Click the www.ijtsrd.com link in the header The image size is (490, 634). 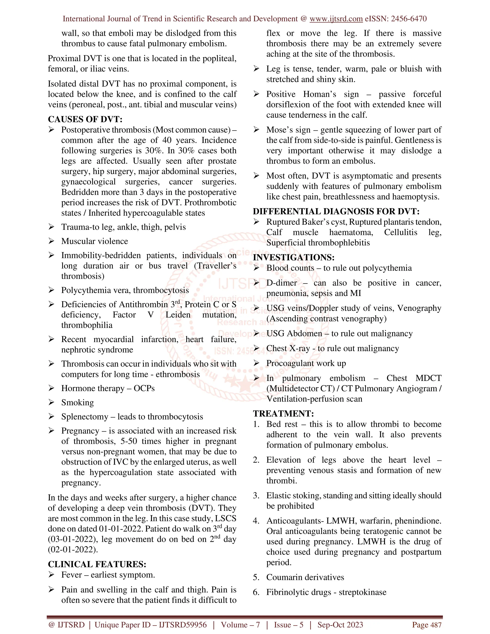point(336,19)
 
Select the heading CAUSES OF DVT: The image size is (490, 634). point(85,119)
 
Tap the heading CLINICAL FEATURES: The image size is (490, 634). point(97,564)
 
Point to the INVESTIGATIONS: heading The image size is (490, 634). point(294,257)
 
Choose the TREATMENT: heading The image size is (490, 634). point(283,413)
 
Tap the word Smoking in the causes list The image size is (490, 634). point(78,403)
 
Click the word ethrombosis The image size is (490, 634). point(178,374)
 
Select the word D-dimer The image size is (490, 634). point(282,283)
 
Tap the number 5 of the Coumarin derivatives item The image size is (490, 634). point(256,577)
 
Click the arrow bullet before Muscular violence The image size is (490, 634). point(51,241)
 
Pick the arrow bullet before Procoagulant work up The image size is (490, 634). point(256,363)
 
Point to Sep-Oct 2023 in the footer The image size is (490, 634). point(340,625)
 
